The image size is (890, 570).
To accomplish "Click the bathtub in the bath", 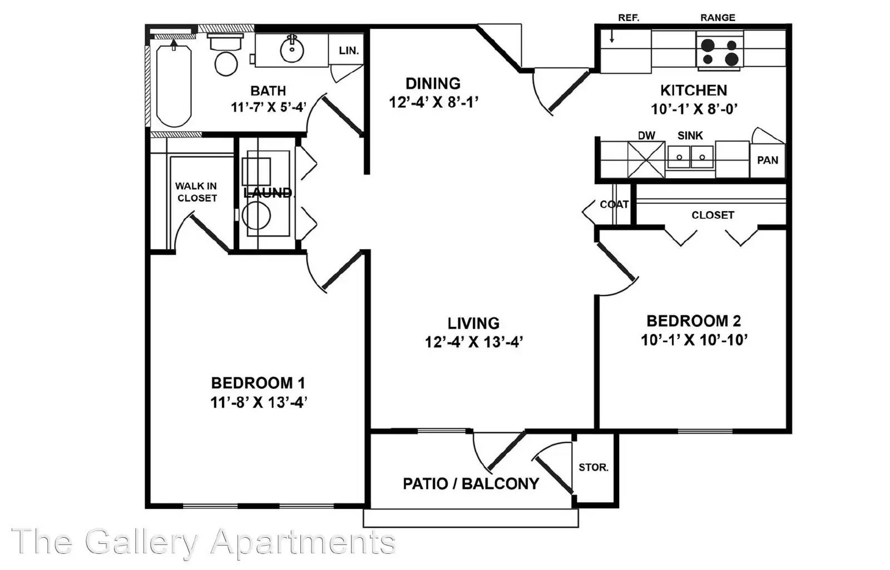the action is coord(174,86).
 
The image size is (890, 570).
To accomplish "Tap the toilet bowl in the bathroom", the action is coord(226,63).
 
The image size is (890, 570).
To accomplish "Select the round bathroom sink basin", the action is coord(292,50).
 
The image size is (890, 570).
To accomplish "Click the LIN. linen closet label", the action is coord(349,51).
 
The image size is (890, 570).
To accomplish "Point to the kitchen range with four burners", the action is coord(720,51).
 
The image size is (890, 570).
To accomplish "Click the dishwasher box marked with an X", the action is coord(646,159).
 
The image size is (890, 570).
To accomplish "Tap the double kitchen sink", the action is coord(690,157).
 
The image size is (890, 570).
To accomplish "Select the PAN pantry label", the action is coord(768,161).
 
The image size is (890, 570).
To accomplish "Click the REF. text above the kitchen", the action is coord(629,18).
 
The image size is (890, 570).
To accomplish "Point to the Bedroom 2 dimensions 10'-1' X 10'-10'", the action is coord(694,340).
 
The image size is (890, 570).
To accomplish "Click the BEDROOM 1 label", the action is coord(258,383).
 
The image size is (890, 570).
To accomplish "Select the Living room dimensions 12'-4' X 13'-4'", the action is coord(473,342).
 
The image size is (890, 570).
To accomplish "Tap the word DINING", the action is coord(433,84).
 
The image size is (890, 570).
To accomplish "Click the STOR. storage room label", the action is coord(594,468).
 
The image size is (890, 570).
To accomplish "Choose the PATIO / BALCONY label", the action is coord(471,484).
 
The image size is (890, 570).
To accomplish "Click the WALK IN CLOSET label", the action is coord(196,192).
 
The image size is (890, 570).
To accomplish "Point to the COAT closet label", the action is coord(614,204).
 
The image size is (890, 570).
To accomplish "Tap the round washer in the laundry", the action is coord(256,216).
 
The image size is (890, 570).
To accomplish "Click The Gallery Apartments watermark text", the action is coord(204,542).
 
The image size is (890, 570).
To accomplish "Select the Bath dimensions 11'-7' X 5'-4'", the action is coord(269,107).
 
